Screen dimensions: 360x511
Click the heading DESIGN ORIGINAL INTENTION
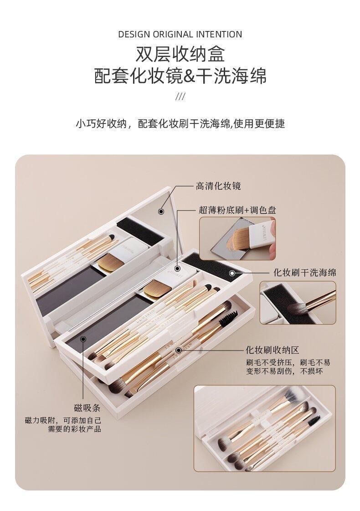coord(180,34)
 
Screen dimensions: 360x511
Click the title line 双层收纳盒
coord(180,54)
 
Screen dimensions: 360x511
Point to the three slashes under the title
coord(180,97)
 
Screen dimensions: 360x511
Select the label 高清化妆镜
coord(218,186)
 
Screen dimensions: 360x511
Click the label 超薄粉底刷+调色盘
coord(237,210)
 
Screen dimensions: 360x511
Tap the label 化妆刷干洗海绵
coord(304,273)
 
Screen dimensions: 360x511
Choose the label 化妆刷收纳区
coord(272,351)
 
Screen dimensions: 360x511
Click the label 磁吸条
coord(87,408)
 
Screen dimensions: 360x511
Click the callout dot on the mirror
coord(161,212)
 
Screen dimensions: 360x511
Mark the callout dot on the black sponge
coord(232,273)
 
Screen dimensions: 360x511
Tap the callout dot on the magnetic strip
coord(83,339)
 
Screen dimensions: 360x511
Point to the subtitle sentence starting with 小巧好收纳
coord(180,124)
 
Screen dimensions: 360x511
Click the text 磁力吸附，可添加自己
coord(63,420)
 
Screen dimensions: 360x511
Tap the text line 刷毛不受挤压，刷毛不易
coord(288,362)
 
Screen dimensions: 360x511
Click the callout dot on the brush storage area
coord(178,351)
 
